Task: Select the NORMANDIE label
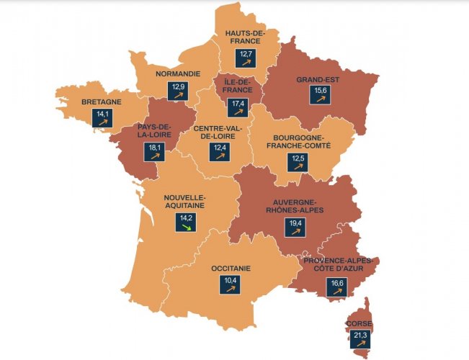(177, 73)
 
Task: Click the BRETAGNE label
(101, 102)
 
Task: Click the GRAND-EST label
(317, 80)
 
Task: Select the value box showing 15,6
(317, 95)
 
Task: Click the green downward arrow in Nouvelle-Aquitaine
(186, 227)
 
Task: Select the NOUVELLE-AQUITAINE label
(185, 201)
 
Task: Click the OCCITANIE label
(231, 268)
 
